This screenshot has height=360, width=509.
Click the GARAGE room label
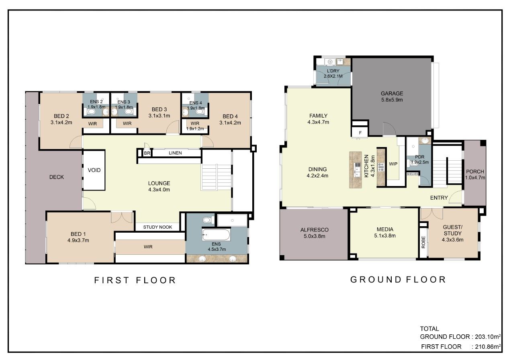point(392,93)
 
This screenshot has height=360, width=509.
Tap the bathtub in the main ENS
point(216,234)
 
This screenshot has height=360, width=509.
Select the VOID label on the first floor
point(94,170)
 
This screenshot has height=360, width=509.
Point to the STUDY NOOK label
point(157,227)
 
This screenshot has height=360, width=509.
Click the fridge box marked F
point(360,133)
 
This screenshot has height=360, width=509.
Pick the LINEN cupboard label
point(175,153)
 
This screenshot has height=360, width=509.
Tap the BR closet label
point(147,153)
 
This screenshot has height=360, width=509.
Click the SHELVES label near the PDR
point(413,174)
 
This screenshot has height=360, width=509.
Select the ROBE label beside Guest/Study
point(423,242)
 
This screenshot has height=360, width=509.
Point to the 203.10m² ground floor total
point(488,337)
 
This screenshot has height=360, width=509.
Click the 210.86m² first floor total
point(488,347)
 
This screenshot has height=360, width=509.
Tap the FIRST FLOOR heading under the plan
point(135,280)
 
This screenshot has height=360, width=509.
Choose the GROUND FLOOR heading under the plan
point(398,280)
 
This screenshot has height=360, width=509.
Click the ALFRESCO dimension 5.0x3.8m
point(315,236)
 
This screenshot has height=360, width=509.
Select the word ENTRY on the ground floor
point(439,198)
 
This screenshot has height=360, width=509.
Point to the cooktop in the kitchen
point(381,167)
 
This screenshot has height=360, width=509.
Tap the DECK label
point(57,177)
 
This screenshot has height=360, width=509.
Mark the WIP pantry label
point(393,164)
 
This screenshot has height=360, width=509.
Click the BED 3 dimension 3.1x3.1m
point(159,116)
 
